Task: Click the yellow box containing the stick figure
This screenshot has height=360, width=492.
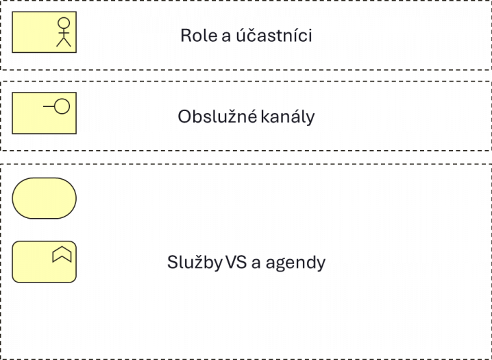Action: [44, 33]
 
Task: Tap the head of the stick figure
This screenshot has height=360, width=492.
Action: [63, 23]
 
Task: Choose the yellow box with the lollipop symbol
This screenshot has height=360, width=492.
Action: [44, 113]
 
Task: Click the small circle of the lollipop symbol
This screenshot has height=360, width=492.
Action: [62, 106]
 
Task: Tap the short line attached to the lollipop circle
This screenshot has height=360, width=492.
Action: [49, 106]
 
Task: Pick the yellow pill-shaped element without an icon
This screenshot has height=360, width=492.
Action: [44, 197]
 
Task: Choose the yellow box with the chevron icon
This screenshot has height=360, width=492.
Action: [44, 262]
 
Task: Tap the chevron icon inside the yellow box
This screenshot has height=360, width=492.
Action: [62, 255]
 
